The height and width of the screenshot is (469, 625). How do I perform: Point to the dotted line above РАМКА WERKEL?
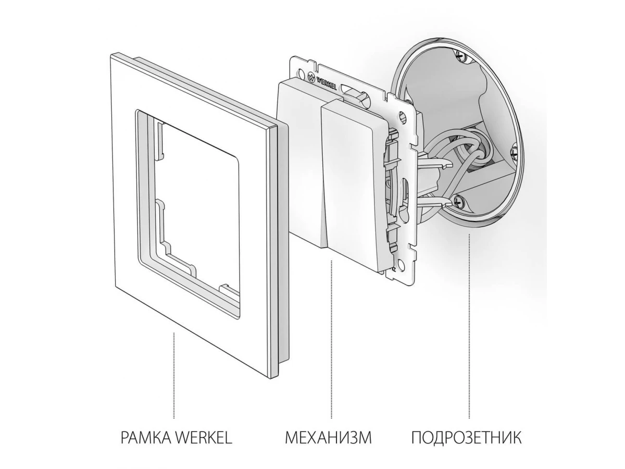174,375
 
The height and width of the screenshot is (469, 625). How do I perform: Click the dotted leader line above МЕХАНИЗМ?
331,339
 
